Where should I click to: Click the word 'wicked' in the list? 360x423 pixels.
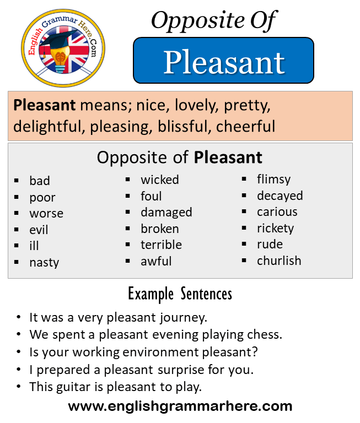coord(160,180)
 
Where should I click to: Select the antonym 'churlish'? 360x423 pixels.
coord(279,261)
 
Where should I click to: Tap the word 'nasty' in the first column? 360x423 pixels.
coord(44,263)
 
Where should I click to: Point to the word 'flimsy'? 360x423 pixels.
coord(273,180)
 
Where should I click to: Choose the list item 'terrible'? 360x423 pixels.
coord(161,245)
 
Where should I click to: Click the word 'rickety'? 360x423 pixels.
coord(275,229)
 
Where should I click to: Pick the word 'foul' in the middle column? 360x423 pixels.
coord(151,196)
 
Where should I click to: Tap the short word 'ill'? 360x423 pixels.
coord(34,246)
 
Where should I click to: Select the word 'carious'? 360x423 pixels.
coord(277,212)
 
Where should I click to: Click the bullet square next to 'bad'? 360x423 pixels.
coord(17,181)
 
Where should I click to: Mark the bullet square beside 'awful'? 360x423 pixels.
coord(128,261)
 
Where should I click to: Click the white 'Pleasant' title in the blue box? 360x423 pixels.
coord(224,62)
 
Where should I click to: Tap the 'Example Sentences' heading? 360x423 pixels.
coord(180,294)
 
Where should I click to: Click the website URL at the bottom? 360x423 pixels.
coord(180,406)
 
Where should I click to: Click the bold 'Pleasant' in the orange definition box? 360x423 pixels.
coord(44,105)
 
